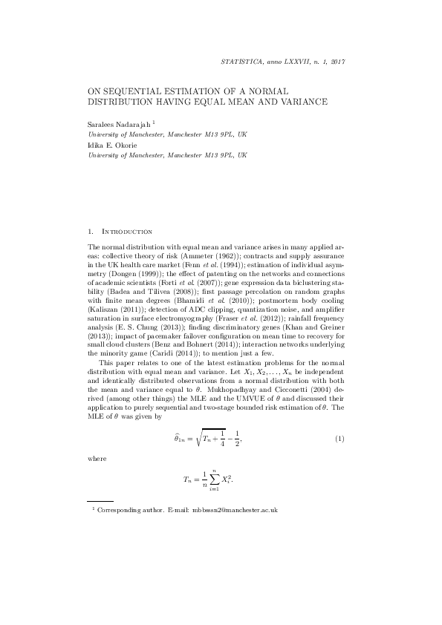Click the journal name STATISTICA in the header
tap(244, 62)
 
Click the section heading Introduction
tap(130, 232)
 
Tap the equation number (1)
tap(340, 440)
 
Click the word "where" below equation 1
tap(97, 459)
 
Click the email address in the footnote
tap(235, 511)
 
